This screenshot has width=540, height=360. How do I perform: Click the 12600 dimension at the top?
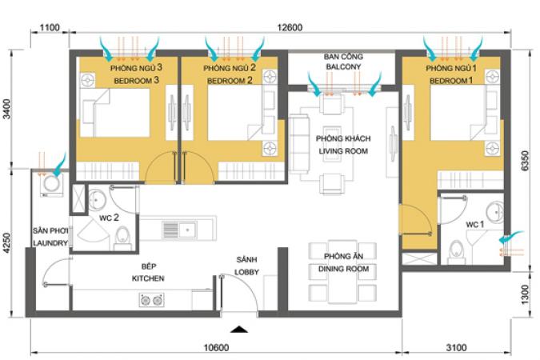[x=290, y=27]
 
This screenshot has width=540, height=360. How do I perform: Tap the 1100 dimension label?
[x=50, y=27]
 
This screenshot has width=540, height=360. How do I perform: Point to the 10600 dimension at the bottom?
[x=216, y=347]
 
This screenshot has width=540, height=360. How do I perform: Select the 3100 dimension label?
[x=456, y=347]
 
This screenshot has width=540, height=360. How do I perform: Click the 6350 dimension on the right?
[x=525, y=161]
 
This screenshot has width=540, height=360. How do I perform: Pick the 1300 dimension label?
[x=525, y=294]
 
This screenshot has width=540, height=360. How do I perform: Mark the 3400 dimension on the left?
[x=7, y=109]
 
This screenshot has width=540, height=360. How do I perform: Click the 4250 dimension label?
[x=7, y=243]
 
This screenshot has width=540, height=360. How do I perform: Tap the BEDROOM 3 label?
[x=136, y=81]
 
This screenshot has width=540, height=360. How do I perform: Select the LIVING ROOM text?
[x=343, y=151]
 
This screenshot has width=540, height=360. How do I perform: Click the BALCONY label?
[x=343, y=66]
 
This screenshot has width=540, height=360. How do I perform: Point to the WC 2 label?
[x=109, y=218]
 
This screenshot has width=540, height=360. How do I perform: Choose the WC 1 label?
[x=475, y=225]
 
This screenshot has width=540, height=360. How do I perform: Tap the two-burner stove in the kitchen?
[x=151, y=300]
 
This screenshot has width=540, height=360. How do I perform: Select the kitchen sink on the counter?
[x=179, y=230]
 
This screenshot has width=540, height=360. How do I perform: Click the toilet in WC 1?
[x=457, y=250]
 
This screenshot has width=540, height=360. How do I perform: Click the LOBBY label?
[x=246, y=272]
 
